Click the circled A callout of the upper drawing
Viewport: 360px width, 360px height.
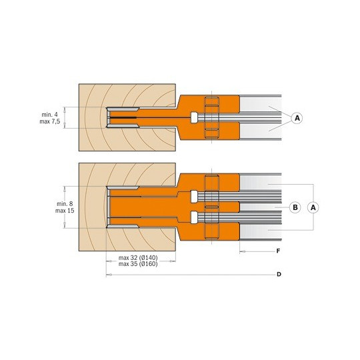click(x=297, y=118)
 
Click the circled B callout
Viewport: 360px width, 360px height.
click(x=295, y=207)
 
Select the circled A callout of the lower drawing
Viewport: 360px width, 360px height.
click(x=313, y=207)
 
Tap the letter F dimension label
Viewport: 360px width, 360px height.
click(x=278, y=251)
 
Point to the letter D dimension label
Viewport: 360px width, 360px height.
click(x=279, y=275)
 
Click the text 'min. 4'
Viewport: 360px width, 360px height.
click(x=50, y=115)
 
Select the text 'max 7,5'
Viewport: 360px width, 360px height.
click(x=50, y=121)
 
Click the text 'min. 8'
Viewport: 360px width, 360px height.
click(x=65, y=203)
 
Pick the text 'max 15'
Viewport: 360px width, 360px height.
click(x=65, y=211)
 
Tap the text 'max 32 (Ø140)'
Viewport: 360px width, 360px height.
click(x=138, y=257)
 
